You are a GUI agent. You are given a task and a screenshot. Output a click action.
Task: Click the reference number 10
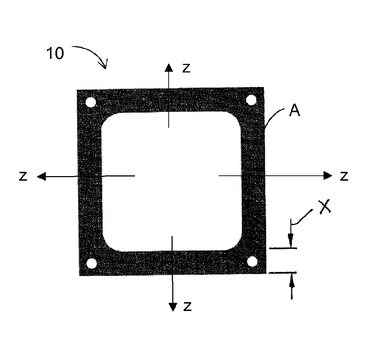[x=55, y=53]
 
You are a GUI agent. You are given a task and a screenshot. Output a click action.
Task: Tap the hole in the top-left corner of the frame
[x=91, y=102]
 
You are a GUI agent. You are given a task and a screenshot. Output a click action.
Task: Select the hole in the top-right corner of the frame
[x=251, y=100]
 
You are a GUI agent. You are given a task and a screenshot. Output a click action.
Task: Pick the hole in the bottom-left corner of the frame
[x=91, y=264]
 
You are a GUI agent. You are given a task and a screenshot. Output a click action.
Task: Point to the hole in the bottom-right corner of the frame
[x=252, y=262]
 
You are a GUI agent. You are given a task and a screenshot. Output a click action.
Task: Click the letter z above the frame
[x=186, y=68]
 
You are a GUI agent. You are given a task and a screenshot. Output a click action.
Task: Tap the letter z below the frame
[x=188, y=306]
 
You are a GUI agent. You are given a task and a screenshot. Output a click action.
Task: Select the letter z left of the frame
[x=23, y=176]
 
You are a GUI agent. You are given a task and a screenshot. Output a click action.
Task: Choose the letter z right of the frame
[x=344, y=176]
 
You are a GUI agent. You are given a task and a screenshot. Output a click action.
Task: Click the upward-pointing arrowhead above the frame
[x=169, y=67]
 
